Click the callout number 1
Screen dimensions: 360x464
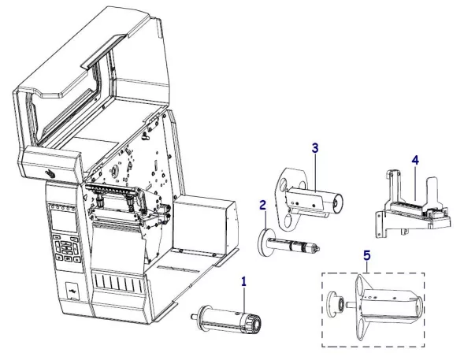pyautogui.click(x=244, y=280)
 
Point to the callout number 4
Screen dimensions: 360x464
pyautogui.click(x=414, y=160)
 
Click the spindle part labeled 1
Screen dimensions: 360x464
pyautogui.click(x=228, y=321)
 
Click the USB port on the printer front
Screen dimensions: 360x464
pyautogui.click(x=72, y=290)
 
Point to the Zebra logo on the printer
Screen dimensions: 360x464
pyautogui.click(x=49, y=173)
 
